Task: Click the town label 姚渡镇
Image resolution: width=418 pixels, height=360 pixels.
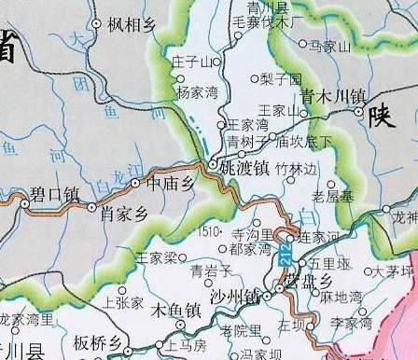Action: coord(244,168)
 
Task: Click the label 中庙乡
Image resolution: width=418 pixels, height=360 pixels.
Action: coord(170,184)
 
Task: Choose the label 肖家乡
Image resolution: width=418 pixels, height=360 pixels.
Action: coord(124,213)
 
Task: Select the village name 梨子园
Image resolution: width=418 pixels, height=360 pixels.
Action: coord(281,79)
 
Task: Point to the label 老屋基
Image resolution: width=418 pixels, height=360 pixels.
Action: coord(331,197)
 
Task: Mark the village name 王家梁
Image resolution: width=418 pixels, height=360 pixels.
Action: coord(156,256)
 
